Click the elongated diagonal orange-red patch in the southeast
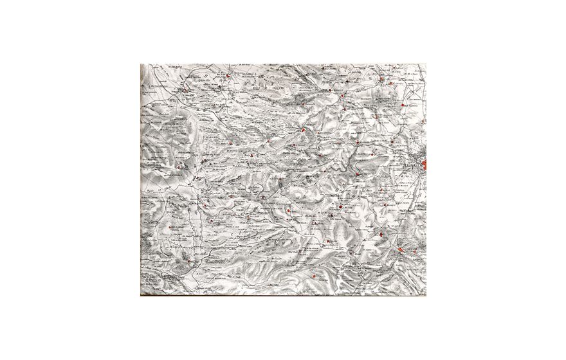click(x=405, y=249)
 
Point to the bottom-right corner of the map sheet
click(x=426, y=295)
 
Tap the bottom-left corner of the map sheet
click(x=141, y=295)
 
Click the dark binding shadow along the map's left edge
click(x=142, y=180)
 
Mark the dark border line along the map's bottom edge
click(x=283, y=295)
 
